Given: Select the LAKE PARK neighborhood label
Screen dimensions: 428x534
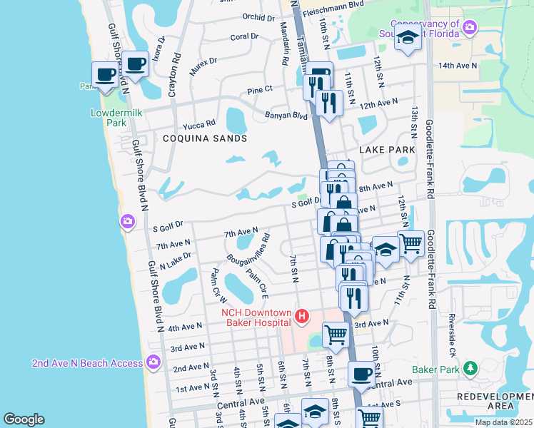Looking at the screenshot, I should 386,150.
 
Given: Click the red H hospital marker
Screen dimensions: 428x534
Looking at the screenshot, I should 302,315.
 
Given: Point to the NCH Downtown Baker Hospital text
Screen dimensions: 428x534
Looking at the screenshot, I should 256,318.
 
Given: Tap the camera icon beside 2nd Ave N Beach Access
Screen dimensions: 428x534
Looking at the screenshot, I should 152,363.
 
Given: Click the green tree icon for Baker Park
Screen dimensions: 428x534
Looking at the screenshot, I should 470,369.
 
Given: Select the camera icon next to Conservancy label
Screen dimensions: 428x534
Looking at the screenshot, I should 469,28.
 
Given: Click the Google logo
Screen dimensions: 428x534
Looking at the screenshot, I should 24,419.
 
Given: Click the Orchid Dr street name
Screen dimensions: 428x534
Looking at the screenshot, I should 258,17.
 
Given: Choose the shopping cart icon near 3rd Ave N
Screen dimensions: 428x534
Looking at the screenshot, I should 336,333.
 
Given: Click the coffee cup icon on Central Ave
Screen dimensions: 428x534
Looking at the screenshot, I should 361,374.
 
